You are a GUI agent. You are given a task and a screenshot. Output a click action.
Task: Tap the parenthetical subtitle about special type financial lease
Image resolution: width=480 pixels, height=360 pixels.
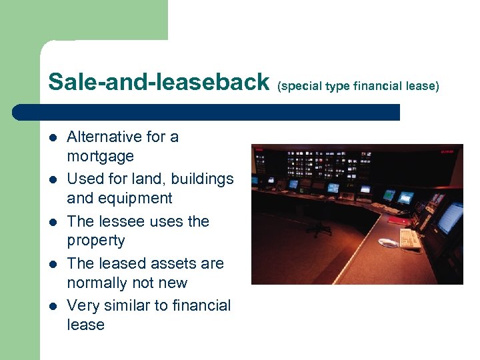click(x=358, y=85)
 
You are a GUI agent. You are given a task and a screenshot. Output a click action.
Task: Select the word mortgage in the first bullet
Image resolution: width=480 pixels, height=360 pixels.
click(x=100, y=157)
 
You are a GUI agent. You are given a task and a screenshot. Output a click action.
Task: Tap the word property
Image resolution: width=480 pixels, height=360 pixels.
click(x=95, y=241)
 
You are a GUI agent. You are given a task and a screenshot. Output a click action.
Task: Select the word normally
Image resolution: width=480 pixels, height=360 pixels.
click(x=99, y=283)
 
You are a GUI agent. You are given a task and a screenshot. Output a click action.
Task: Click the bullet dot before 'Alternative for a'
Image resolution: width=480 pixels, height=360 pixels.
click(x=53, y=138)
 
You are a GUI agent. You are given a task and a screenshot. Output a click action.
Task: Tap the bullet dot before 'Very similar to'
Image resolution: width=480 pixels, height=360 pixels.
click(x=53, y=307)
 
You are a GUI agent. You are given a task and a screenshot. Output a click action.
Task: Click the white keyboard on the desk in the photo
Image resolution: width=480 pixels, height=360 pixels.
click(x=410, y=237)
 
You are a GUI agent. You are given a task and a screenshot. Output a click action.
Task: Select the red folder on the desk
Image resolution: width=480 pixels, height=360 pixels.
click(x=400, y=219)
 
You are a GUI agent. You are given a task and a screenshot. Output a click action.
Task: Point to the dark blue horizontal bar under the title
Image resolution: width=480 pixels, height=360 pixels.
click(x=207, y=111)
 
